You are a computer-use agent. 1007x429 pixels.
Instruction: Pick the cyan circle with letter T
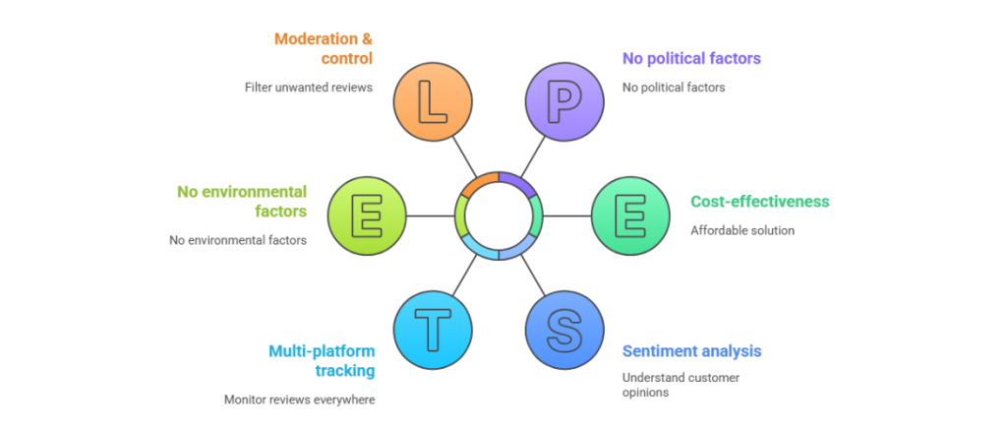pos(433,329)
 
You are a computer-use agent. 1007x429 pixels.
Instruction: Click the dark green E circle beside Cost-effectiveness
pos(630,215)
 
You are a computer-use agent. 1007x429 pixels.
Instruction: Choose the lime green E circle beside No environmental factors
pos(367,215)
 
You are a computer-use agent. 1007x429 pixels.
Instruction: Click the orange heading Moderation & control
pos(324,49)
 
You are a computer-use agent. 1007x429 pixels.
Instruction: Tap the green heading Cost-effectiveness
pos(760,202)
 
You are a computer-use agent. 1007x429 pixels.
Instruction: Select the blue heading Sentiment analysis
pos(691,351)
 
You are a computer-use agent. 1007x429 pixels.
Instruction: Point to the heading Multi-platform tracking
pos(321,360)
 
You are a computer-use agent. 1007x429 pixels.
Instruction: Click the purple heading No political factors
pos(691,59)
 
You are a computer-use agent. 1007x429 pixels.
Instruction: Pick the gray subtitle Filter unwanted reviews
pos(309,88)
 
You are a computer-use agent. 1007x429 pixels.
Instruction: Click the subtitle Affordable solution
pos(742,230)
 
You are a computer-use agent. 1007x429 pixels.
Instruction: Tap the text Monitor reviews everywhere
pos(299,399)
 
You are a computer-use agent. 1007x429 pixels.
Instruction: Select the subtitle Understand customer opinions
pos(681,385)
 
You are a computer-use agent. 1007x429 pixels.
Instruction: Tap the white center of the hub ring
pos(499,215)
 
